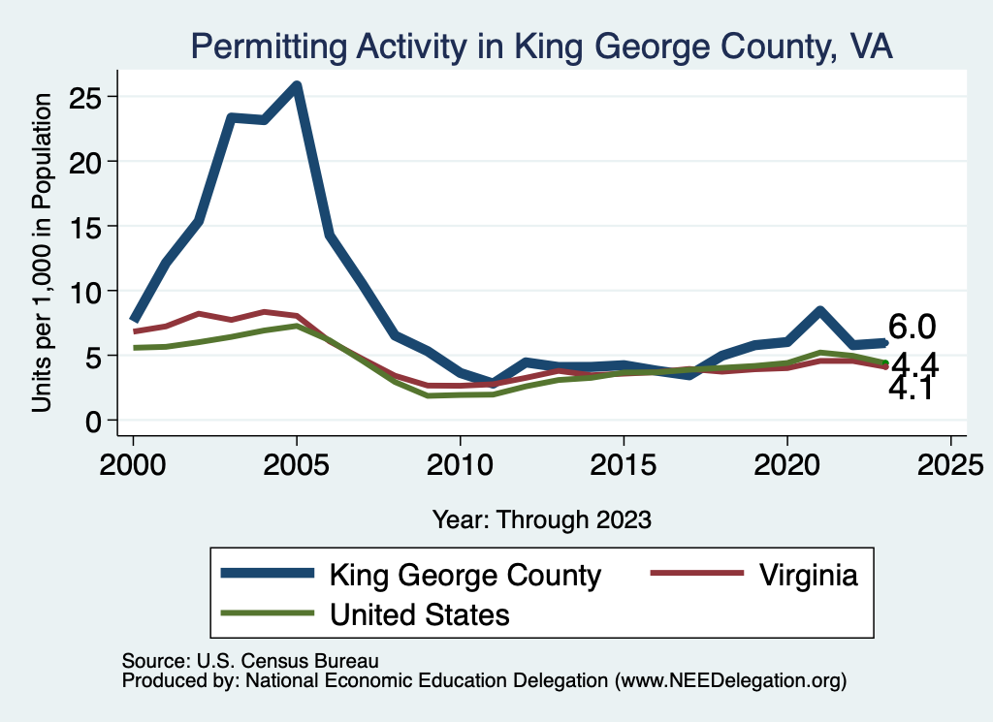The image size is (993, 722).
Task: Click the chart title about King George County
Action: click(x=541, y=46)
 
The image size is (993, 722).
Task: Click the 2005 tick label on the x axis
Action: click(x=296, y=461)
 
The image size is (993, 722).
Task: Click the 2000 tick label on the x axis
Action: click(x=133, y=461)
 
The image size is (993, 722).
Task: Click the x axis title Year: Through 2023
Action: click(x=541, y=519)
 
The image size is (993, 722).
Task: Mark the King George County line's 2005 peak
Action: click(x=297, y=86)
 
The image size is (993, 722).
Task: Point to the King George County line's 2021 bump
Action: click(x=819, y=311)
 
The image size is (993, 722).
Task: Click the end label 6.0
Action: click(x=913, y=328)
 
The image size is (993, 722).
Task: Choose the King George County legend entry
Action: click(x=465, y=575)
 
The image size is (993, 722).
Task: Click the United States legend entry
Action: click(x=420, y=613)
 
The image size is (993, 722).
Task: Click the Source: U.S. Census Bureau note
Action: click(x=249, y=660)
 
